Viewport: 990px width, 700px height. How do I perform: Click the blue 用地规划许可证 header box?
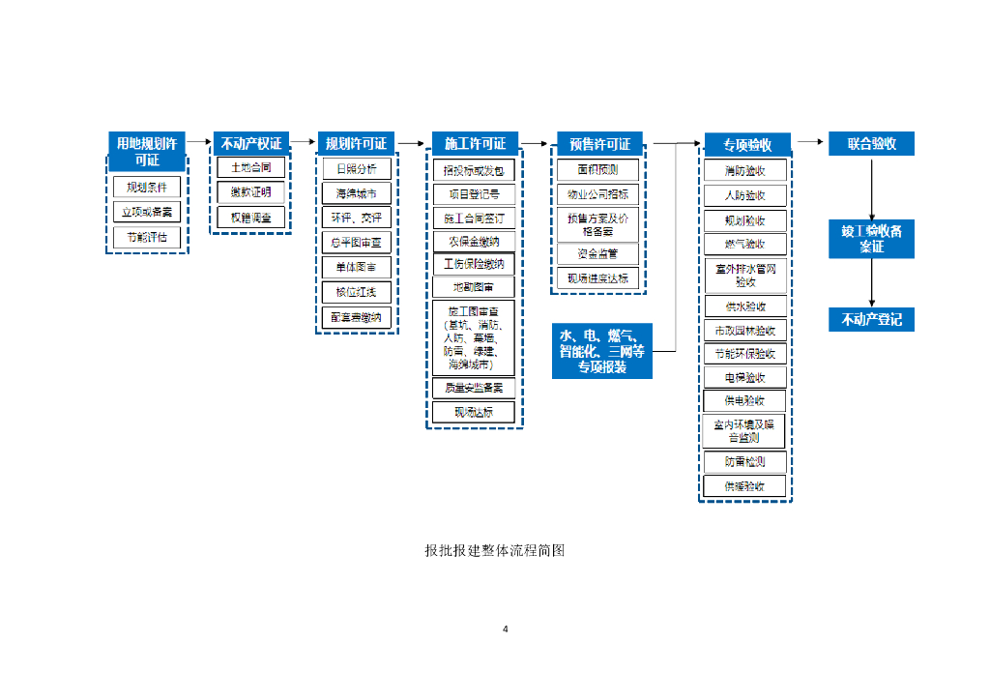pos(147,152)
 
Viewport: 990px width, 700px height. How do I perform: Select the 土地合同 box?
pos(250,167)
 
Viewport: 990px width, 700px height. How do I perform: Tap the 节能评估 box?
pos(147,237)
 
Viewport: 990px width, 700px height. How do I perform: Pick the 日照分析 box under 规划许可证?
pos(357,168)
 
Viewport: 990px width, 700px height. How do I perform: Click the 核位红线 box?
pos(357,292)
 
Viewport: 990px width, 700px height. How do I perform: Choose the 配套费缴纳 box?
pos(357,317)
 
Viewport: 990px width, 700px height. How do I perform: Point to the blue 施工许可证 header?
pos(475,144)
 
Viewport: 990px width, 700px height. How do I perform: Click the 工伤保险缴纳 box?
pos(474,264)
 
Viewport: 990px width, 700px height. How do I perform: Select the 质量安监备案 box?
pos(474,388)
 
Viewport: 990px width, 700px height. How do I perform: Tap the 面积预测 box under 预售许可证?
pos(598,169)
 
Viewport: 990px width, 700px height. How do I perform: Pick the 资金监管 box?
pos(598,253)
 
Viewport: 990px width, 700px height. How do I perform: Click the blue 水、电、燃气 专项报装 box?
pos(602,351)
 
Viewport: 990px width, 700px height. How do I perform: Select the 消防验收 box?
pos(745,170)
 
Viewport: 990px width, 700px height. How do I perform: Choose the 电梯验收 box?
pos(745,377)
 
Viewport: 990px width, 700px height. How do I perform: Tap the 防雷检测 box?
pos(745,462)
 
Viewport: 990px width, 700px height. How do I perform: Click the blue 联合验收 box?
pos(871,144)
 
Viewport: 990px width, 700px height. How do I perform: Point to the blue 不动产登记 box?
pos(871,319)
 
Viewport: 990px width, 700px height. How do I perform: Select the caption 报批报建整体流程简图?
pos(494,551)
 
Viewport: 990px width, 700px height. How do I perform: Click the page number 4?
pos(506,629)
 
